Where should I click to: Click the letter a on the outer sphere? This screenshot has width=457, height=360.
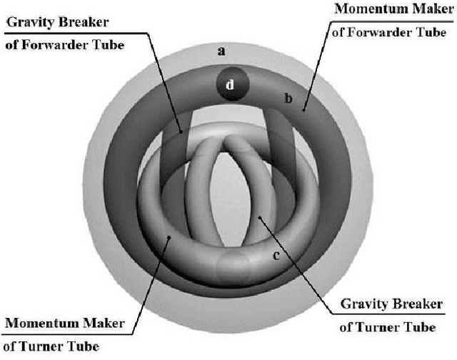(221, 51)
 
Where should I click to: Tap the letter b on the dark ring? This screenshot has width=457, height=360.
(288, 99)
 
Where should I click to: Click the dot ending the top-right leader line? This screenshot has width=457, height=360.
(303, 110)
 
